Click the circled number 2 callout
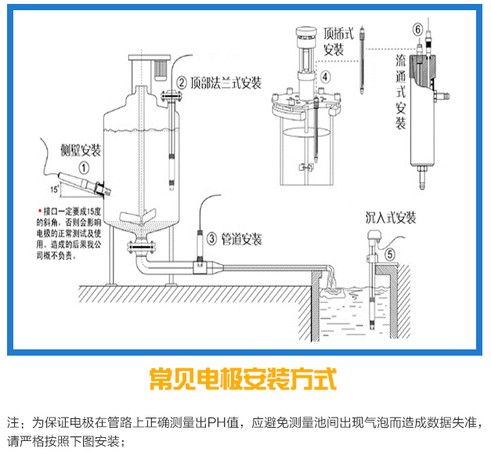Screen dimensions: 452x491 [182, 82]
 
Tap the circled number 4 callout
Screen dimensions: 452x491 [326, 76]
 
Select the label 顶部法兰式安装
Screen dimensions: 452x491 [226, 82]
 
